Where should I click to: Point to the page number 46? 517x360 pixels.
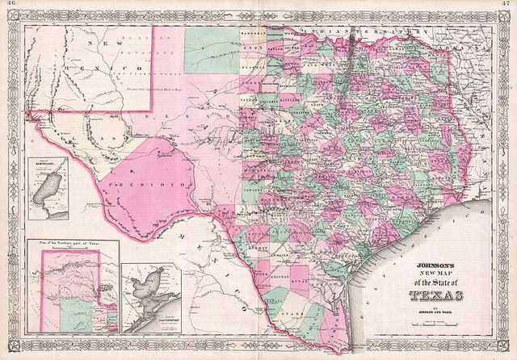pyautogui.click(x=11, y=4)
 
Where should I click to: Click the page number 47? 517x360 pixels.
pyautogui.click(x=506, y=4)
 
